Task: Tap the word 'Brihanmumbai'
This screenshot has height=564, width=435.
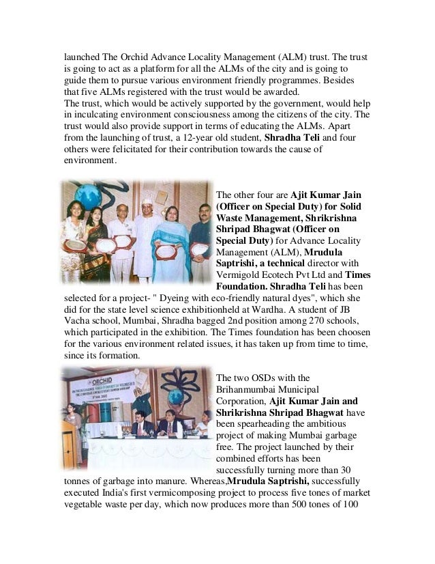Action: pos(246,389)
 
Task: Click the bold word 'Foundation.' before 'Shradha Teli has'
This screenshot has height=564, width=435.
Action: pos(241,285)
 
